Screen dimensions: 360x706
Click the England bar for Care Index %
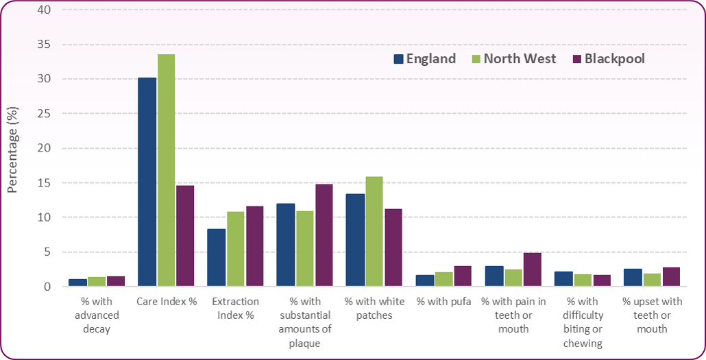147,182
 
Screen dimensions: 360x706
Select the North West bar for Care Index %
166,170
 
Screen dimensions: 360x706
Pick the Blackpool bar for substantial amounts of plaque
324,235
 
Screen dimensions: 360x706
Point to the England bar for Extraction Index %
217,258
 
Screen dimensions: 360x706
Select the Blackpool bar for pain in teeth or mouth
532,269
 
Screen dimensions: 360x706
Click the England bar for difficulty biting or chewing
563,279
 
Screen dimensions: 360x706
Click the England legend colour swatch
398,59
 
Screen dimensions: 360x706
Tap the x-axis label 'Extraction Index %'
235,309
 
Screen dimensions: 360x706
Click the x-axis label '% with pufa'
443,302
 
